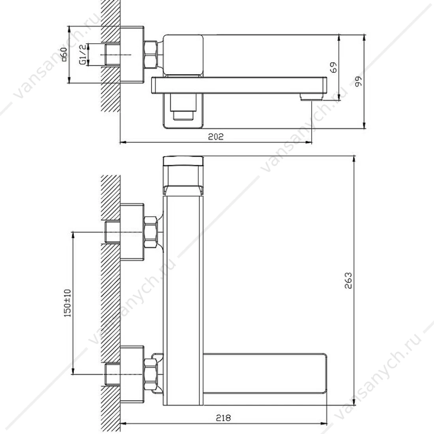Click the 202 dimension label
tap(215, 137)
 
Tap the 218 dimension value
tap(223, 418)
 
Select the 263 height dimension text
tap(348, 281)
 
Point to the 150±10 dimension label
tap(67, 303)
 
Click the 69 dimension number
tap(334, 67)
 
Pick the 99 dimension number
tap(358, 81)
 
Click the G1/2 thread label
tap(82, 55)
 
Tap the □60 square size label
tap(64, 54)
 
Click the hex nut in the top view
tap(151, 54)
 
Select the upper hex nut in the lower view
tap(151, 232)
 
